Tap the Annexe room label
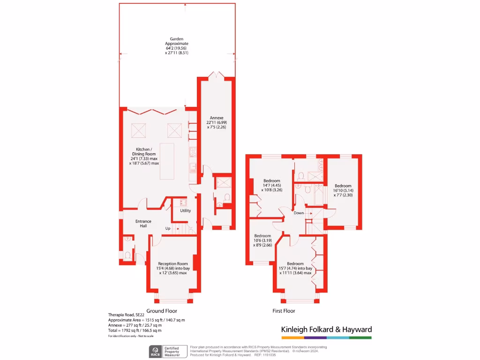pos(216,122)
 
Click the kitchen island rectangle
pos(169,161)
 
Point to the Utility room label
pos(186,210)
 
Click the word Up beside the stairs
pos(167,229)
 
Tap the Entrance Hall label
pos(143,224)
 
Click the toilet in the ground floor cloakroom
pos(127,255)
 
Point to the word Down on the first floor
pos(299,213)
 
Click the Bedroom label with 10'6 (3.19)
pos(262,240)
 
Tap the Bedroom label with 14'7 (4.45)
pos(271,186)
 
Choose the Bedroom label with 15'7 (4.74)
pos(295,268)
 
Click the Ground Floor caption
pos(162,311)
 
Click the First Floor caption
pos(284,311)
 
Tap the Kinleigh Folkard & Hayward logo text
pos(326,330)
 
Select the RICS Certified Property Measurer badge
pos(167,351)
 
